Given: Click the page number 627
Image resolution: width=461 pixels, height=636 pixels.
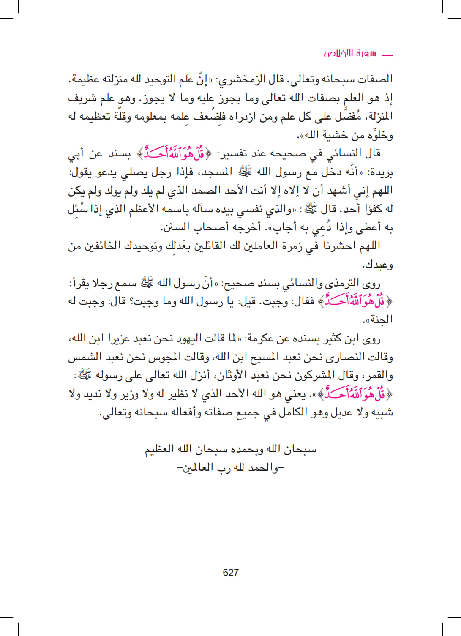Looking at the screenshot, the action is [231, 573].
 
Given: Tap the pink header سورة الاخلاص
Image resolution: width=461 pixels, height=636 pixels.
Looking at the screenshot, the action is [350, 54].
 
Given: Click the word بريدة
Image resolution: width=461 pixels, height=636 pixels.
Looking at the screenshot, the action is [381, 173].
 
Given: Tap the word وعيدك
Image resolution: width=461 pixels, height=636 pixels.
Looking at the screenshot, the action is [377, 265].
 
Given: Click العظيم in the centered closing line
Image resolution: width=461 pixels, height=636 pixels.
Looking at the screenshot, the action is [160, 449].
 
